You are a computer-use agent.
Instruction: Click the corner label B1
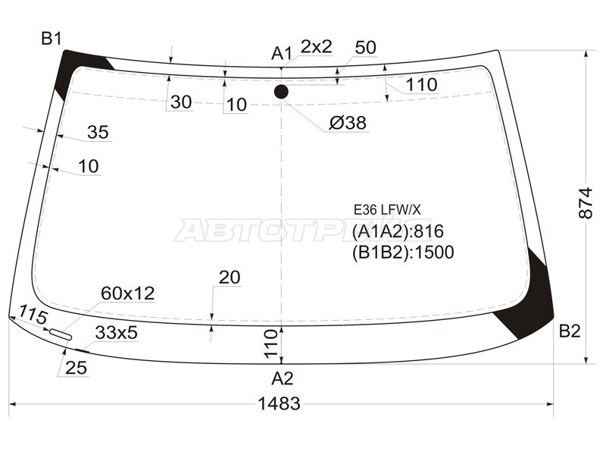tap(52, 39)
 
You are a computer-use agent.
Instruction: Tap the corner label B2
tap(570, 331)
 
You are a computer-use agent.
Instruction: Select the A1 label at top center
tap(281, 53)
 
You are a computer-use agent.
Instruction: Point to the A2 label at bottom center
tap(283, 378)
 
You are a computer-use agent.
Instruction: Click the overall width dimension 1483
tap(279, 403)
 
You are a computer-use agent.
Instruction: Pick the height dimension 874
tap(586, 202)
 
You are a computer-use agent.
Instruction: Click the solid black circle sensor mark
tap(281, 92)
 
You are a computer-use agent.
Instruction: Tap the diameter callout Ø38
tap(348, 123)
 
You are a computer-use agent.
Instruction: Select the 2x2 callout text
tap(316, 46)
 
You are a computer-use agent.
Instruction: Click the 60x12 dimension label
tap(127, 293)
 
